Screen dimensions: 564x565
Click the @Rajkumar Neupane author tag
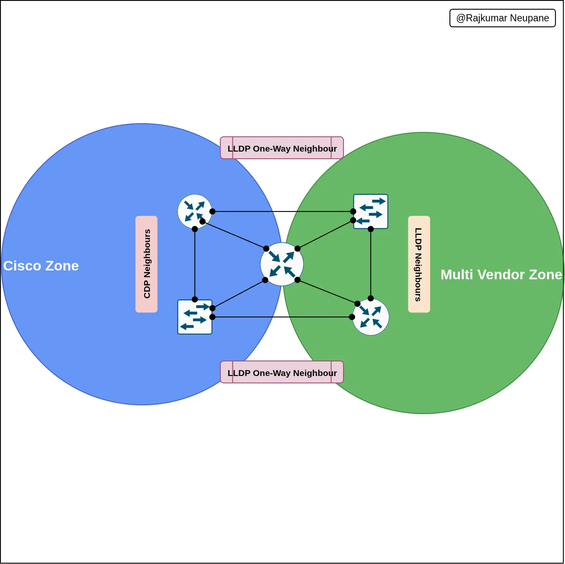502,18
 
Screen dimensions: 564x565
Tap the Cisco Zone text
41,266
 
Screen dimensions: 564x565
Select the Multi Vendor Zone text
501,275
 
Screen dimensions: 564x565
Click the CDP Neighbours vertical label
147,264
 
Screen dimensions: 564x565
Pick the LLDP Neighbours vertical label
419,264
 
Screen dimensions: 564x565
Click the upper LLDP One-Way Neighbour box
282,148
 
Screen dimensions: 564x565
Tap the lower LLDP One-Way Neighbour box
282,372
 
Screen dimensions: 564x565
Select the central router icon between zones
282,264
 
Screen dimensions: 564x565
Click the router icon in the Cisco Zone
195,211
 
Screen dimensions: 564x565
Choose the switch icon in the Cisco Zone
195,317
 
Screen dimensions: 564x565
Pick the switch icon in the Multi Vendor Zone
371,211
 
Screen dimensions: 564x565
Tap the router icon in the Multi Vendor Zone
371,317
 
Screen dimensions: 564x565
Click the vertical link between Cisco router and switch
195,264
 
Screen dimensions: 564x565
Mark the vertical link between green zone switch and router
371,264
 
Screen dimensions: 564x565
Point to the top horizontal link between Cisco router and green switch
283,211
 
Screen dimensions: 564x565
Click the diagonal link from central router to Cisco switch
239,294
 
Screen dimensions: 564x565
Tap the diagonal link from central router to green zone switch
325,234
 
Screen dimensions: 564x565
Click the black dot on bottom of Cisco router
195,229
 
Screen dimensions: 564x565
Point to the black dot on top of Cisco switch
195,299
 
